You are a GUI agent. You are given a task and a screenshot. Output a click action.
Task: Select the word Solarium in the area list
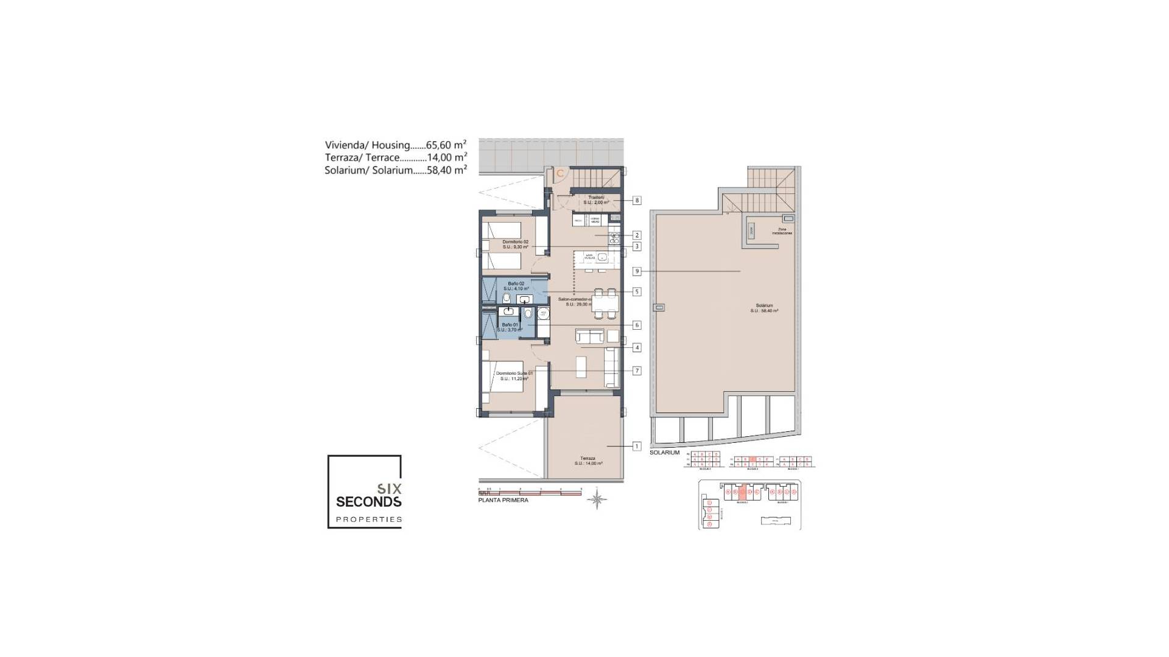pos(344,170)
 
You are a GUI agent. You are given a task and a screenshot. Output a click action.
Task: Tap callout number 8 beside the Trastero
pos(637,200)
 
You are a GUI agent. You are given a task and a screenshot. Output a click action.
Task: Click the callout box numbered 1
pos(637,446)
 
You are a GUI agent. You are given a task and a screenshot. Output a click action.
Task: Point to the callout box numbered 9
pos(637,271)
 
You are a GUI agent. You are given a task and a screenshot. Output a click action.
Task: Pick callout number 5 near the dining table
pos(637,291)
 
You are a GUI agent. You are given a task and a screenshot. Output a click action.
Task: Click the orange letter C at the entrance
pos(560,173)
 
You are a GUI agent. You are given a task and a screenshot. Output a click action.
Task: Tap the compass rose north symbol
pos(597,499)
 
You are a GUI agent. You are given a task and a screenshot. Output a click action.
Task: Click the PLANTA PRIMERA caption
pos(503,500)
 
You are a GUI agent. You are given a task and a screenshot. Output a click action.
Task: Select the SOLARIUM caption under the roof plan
pos(664,453)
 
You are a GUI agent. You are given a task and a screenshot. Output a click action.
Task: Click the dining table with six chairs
pos(605,303)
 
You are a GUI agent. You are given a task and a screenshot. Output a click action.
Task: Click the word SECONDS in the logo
pos(368,502)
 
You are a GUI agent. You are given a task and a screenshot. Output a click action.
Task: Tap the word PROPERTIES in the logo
pos(369,520)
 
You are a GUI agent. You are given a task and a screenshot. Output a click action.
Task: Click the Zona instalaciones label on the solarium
pos(782,232)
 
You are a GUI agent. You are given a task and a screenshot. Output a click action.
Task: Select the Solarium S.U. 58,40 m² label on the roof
pos(764,308)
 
